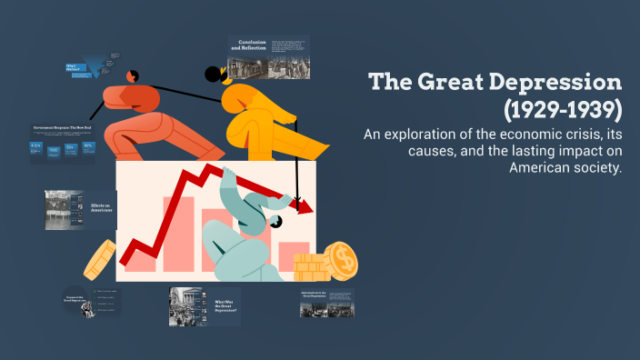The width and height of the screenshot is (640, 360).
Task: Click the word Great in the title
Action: [x=453, y=83]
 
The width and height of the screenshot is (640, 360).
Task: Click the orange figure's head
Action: [x=131, y=75]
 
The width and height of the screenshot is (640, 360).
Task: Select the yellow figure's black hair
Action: [x=215, y=74]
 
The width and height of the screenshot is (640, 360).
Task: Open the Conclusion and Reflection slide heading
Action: [x=252, y=45]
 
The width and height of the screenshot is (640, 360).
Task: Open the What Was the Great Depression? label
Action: [x=225, y=306]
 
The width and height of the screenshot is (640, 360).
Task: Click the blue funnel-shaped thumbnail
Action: [x=92, y=65]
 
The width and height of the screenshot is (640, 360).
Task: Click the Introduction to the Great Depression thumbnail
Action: [x=326, y=303]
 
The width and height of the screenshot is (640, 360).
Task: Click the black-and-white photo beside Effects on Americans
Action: [x=63, y=209]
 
